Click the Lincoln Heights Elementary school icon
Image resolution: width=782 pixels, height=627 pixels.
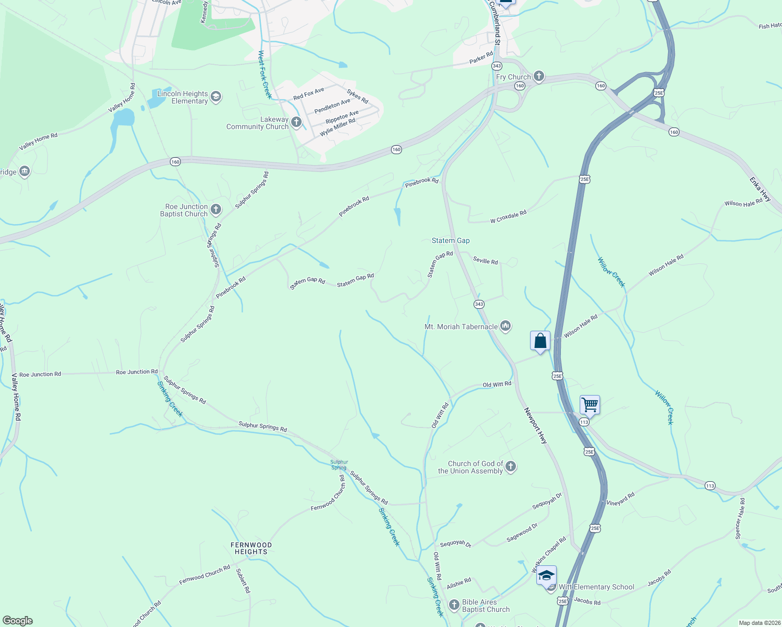click(x=216, y=97)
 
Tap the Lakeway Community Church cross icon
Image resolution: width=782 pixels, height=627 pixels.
click(x=296, y=123)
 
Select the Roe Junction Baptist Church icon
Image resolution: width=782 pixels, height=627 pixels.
click(x=216, y=210)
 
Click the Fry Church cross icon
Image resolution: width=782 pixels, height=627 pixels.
click(x=539, y=77)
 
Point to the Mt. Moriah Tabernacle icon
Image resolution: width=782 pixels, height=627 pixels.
click(x=505, y=327)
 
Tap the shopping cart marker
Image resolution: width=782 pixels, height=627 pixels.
click(x=590, y=404)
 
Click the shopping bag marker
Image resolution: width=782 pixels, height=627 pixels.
click(x=540, y=341)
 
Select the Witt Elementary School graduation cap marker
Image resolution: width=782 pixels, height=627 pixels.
click(x=546, y=576)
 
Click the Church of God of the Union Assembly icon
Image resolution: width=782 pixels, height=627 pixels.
click(x=511, y=467)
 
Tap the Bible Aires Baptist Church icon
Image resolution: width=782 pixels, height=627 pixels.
click(x=454, y=605)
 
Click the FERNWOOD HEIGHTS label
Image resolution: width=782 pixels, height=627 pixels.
click(x=251, y=548)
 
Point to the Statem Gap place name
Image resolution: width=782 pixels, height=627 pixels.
click(x=451, y=240)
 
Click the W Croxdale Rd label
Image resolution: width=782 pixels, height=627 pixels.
click(x=508, y=217)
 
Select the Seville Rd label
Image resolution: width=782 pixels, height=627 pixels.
click(x=485, y=260)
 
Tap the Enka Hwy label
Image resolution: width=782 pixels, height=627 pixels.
click(x=760, y=189)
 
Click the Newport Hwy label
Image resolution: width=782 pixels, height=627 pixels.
click(x=536, y=426)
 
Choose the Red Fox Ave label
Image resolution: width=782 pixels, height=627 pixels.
click(x=308, y=94)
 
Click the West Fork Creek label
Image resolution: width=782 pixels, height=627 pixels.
click(x=265, y=74)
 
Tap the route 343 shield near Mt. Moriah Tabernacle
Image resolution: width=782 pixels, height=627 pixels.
click(x=479, y=304)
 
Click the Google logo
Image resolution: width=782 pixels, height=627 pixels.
click(x=18, y=620)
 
